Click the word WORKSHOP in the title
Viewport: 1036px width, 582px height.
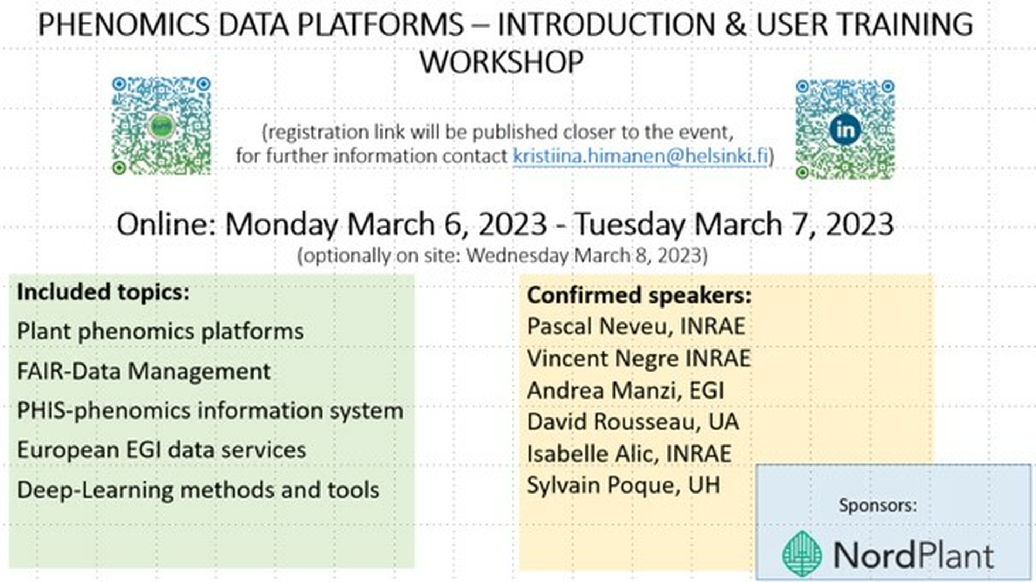point(501,61)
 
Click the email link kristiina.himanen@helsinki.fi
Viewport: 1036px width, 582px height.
point(640,156)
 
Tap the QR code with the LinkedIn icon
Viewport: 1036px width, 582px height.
point(845,129)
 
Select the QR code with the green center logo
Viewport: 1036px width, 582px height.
point(161,126)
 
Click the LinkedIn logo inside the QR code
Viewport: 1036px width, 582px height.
point(845,130)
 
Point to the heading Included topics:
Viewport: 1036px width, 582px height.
point(103,292)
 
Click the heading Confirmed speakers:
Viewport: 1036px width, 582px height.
point(639,295)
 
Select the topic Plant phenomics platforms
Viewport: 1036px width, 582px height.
point(160,331)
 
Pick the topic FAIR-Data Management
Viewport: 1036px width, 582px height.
point(144,371)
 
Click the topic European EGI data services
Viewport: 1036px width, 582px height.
point(161,450)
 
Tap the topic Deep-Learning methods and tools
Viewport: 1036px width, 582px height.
point(198,490)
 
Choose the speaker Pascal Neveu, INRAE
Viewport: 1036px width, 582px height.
point(636,326)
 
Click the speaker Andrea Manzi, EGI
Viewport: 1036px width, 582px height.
point(625,391)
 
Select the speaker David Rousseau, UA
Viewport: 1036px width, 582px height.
point(633,422)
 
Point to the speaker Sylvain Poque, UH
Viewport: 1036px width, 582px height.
point(623,485)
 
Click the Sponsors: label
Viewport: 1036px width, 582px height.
point(878,505)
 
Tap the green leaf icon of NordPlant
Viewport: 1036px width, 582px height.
point(802,554)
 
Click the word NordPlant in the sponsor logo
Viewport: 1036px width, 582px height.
point(914,556)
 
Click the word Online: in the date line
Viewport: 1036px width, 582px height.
point(166,224)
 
